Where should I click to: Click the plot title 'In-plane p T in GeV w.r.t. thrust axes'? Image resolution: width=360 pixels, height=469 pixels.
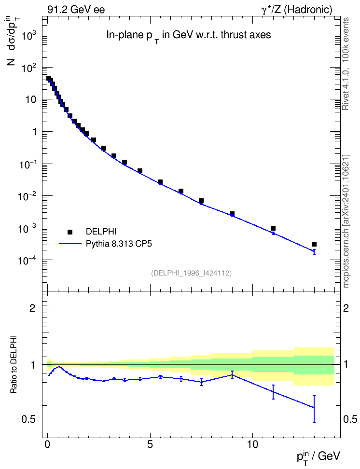189,36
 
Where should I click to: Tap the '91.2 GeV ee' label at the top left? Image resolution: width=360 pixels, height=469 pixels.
76,10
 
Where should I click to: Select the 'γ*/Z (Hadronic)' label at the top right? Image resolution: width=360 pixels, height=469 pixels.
297,10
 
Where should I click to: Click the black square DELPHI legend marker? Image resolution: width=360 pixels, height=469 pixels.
70,232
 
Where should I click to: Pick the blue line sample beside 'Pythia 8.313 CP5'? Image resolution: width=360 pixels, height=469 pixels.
70,244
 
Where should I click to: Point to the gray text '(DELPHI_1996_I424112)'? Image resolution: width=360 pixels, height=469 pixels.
192,273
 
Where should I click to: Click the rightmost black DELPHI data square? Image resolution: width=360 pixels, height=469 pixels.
314,244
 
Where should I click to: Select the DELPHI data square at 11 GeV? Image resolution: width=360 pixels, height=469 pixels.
273,228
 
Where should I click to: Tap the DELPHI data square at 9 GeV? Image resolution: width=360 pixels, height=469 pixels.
232,214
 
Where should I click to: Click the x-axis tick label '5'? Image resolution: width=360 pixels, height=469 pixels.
150,444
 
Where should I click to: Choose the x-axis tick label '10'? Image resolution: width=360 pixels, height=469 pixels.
252,444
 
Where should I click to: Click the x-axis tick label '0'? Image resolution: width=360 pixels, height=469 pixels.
47,444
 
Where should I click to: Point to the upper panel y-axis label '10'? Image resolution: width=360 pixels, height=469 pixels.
31,99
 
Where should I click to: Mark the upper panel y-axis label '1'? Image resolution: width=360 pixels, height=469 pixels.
34,132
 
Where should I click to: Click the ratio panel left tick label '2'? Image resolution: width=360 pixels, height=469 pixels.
32,308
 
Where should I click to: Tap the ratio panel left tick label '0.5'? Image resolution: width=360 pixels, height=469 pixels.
28,420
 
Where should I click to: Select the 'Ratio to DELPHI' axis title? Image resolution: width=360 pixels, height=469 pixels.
14,364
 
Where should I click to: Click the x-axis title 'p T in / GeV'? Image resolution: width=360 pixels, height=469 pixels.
318,457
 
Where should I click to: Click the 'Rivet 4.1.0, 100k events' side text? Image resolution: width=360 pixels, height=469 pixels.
346,64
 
